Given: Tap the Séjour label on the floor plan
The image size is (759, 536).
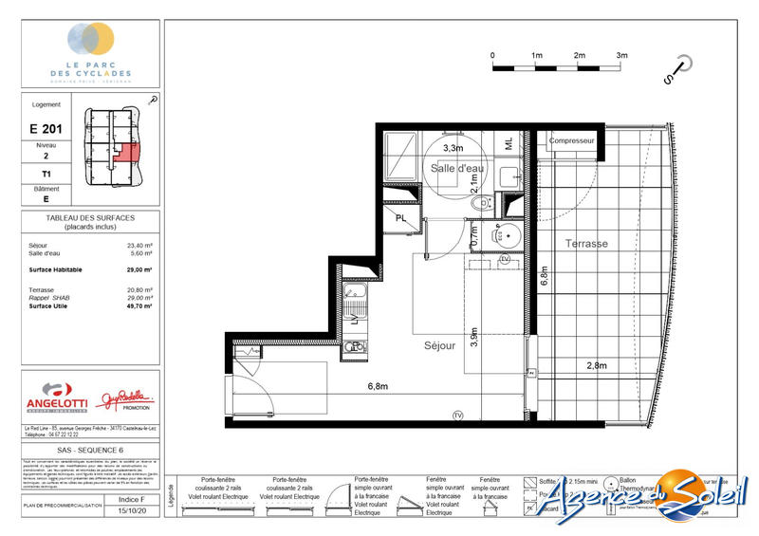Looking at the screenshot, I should point(439,346).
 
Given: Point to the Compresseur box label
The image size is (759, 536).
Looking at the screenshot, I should point(572,140).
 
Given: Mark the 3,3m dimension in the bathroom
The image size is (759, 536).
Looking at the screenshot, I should point(454,148).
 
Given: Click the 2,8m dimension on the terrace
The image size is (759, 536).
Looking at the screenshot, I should point(596,365).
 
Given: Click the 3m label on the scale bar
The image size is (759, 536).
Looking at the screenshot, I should point(622,56).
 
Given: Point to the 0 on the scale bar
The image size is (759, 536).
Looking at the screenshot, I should point(492,56).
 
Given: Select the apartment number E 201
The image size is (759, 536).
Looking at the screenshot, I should point(46,127).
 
